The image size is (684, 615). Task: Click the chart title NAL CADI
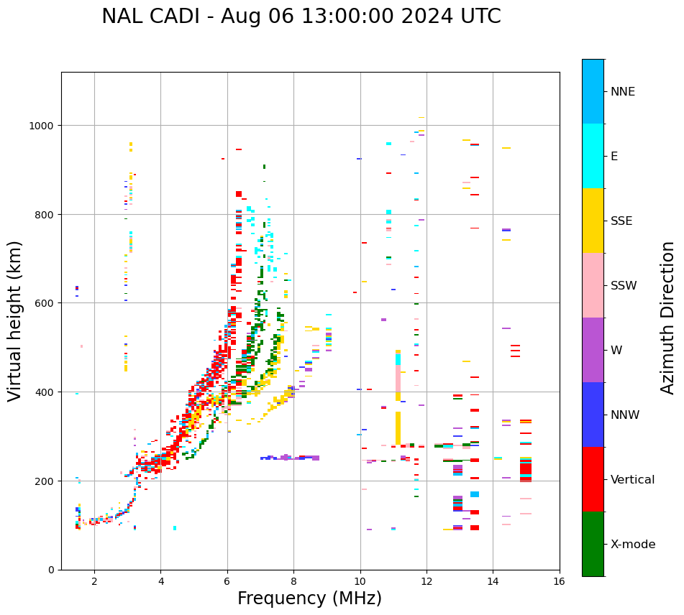click(301, 17)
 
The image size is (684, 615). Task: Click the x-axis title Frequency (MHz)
click(309, 598)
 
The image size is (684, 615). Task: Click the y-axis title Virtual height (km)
click(15, 320)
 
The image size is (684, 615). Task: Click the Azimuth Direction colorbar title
click(668, 318)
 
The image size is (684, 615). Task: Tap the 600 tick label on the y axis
click(45, 303)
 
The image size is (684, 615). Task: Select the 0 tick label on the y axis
click(50, 570)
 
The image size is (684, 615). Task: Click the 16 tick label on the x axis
click(559, 582)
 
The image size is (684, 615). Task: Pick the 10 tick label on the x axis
click(360, 582)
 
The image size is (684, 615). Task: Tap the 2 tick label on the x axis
click(94, 582)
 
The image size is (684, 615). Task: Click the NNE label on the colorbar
click(623, 92)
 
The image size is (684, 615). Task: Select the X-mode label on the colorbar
click(633, 545)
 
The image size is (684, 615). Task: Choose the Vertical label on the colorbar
click(633, 480)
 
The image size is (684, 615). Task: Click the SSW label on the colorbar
click(624, 286)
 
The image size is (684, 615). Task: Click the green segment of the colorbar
click(593, 544)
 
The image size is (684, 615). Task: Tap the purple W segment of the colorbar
click(593, 350)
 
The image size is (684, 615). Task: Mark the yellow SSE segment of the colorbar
click(593, 221)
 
